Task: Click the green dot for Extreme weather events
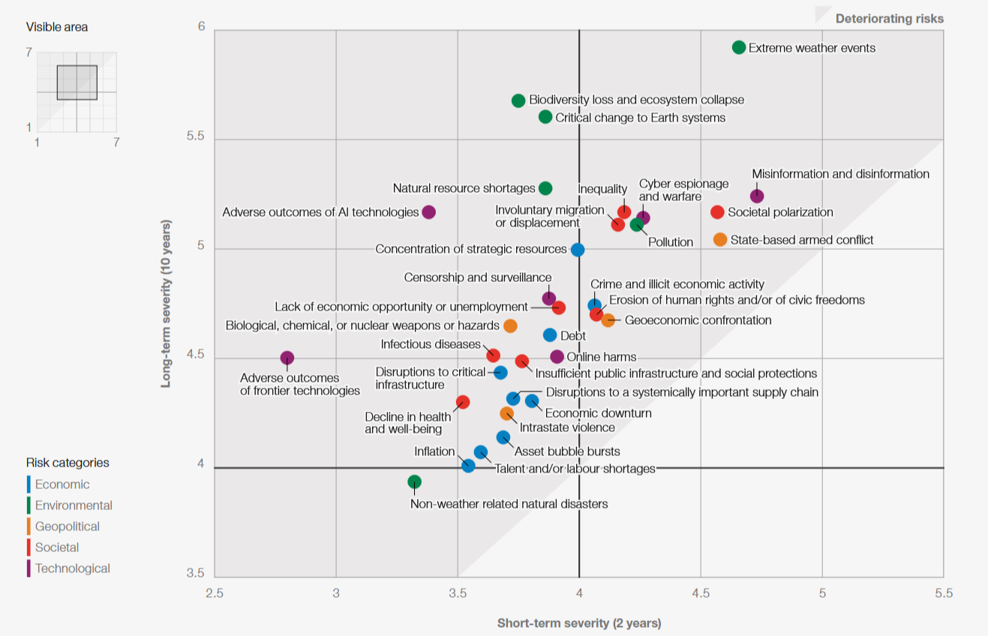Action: pos(739,47)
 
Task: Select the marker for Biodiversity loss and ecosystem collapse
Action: pos(518,100)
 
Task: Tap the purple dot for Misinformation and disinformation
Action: pos(757,196)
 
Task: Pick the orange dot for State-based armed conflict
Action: pos(720,239)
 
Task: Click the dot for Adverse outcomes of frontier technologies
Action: pos(287,358)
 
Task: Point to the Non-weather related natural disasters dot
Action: pos(414,481)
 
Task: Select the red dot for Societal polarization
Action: pos(717,212)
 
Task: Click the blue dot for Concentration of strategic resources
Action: pos(577,250)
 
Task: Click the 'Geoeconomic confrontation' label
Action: pos(698,320)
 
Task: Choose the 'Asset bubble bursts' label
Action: pos(567,451)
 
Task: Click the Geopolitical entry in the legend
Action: pos(68,526)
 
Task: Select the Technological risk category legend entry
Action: pos(72,568)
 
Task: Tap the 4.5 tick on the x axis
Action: pos(701,592)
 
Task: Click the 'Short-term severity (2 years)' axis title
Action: pos(579,622)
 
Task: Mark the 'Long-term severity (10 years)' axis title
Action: pos(166,303)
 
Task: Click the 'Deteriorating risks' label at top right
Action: pos(890,19)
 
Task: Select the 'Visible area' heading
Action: pos(57,27)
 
